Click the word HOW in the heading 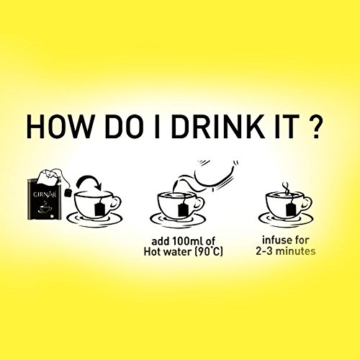(x=59, y=127)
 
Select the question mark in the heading (x=313, y=127)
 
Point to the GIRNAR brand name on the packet (x=45, y=194)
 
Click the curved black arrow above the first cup (x=89, y=182)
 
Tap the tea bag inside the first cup (x=99, y=209)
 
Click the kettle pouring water (x=211, y=175)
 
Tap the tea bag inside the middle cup (x=183, y=209)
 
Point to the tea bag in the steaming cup (x=291, y=209)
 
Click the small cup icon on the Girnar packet (x=44, y=208)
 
